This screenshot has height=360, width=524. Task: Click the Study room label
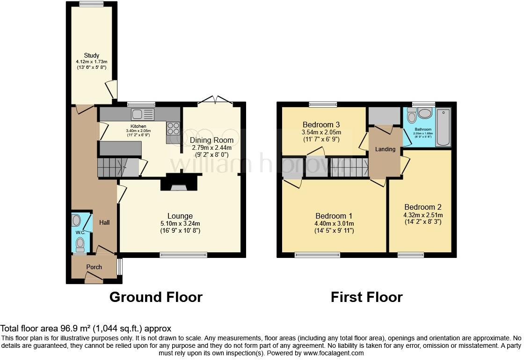[x=92, y=55]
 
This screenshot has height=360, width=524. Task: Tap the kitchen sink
[x=143, y=114]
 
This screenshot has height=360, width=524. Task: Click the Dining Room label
[x=211, y=140]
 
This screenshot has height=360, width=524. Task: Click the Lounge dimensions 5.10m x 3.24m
[x=180, y=223]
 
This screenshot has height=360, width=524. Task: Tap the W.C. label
[x=80, y=232]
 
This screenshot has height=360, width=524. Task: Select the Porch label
[x=94, y=267]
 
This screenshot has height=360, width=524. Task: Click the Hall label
[x=104, y=222]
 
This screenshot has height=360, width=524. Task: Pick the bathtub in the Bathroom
[x=443, y=128]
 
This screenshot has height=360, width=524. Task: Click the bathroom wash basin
[x=425, y=113]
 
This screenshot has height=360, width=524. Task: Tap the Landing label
[x=385, y=149]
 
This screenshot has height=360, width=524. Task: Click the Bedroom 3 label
[x=321, y=125]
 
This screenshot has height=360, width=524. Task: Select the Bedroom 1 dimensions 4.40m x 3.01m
[x=334, y=223]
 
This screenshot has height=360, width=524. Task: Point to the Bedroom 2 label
[x=423, y=207]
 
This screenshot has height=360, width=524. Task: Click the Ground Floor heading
[x=156, y=297]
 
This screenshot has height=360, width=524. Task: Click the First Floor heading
[x=366, y=297]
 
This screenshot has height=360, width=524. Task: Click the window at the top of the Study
[x=91, y=5]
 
